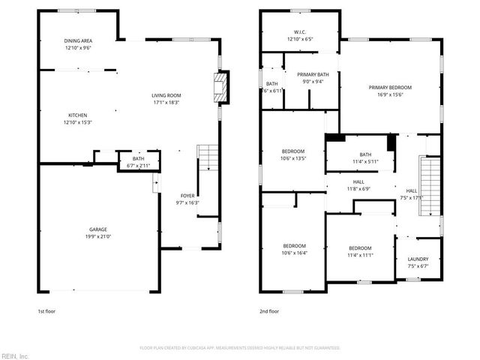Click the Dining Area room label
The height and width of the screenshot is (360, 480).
coord(78,40)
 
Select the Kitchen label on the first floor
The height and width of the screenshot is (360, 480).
coord(78,115)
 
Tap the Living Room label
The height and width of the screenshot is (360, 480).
coord(166,95)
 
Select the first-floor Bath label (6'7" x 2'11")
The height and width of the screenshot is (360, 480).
coord(139,159)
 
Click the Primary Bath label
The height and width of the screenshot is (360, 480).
coord(313,74)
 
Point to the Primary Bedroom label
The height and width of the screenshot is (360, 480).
coord(390,87)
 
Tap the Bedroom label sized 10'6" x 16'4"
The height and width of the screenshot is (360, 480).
coord(295,247)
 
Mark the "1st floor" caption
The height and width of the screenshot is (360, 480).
coord(46,310)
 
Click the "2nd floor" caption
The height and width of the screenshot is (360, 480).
coord(269,310)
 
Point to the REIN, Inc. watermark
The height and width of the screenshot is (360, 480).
coord(14,355)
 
